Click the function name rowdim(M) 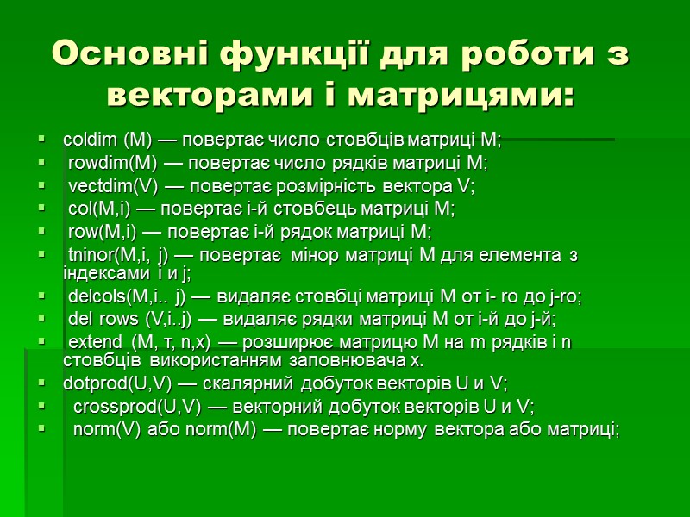click(x=110, y=162)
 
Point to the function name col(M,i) click(x=97, y=209)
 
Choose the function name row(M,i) click(x=99, y=232)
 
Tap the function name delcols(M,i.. click(x=115, y=296)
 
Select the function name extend click(x=94, y=343)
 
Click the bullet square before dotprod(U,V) click(x=41, y=383)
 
